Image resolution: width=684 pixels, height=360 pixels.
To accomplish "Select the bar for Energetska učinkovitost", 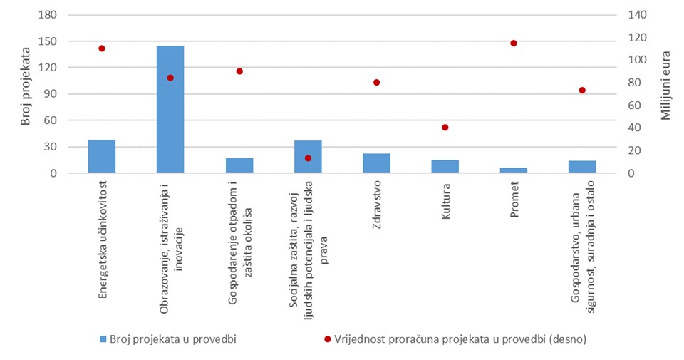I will coord(102,156).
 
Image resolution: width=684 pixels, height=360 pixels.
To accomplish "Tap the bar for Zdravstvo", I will coord(376,163).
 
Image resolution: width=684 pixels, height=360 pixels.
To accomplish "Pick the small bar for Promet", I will coord(514,170).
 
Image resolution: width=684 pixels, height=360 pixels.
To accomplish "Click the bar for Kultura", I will coord(445,166).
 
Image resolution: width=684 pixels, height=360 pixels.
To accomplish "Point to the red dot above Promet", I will coord(514,43).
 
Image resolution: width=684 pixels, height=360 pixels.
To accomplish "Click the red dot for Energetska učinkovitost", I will coord(102,48).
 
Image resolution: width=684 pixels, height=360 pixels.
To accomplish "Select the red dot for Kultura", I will coord(445,128).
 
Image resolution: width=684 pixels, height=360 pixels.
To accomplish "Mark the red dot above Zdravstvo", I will coord(376,83).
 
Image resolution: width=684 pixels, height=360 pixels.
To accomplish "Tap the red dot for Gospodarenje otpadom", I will coord(239,71).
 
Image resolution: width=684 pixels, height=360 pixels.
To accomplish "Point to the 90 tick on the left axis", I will coord(52,94).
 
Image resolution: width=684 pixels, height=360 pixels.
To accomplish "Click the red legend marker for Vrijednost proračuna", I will coord(328,339).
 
